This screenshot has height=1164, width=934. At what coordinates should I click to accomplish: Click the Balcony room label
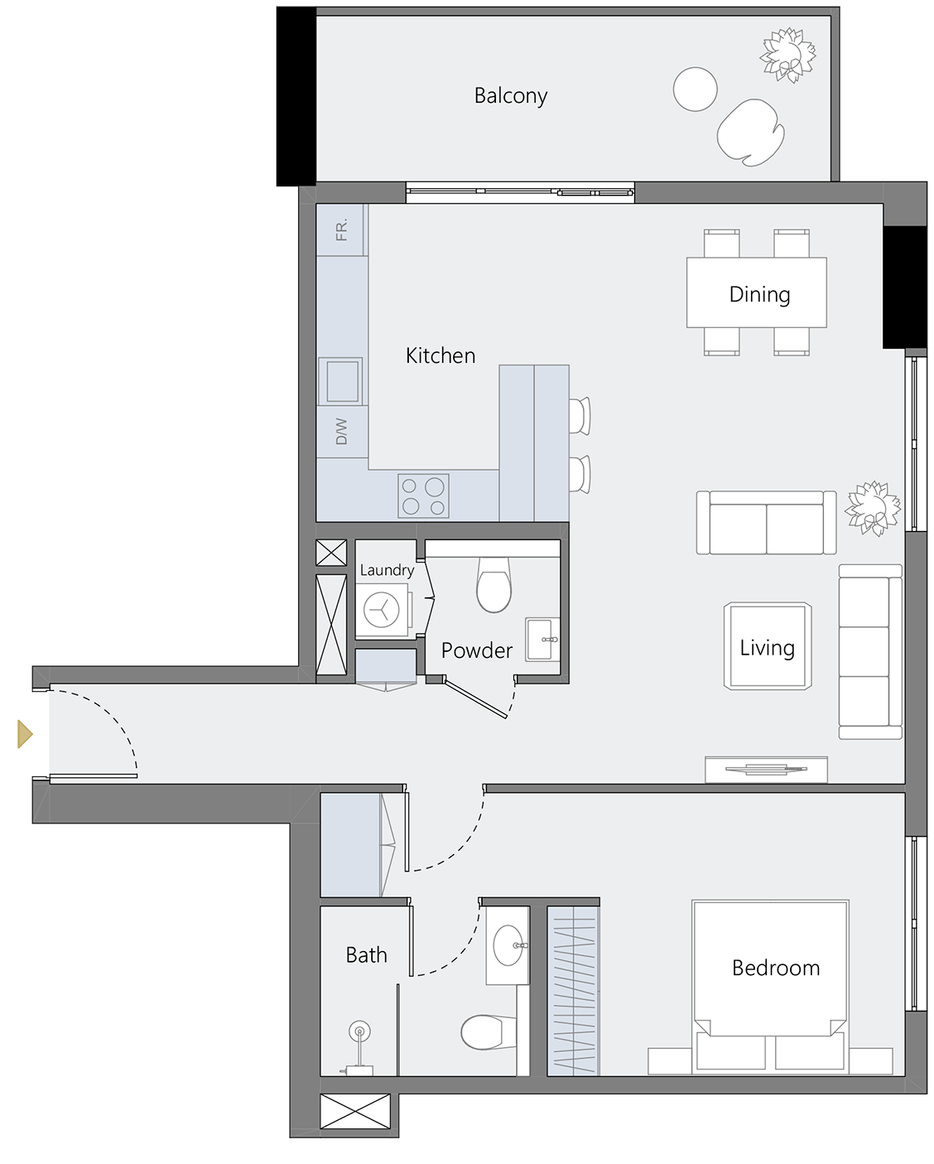click(510, 96)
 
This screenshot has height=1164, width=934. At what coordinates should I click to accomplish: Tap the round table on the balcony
click(695, 89)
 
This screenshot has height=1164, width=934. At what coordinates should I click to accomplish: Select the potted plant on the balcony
click(787, 55)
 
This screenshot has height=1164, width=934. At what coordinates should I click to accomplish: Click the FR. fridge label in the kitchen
click(341, 230)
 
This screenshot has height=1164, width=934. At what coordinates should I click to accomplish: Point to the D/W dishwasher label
click(341, 431)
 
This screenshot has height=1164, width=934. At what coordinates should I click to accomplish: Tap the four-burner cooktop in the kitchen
click(423, 495)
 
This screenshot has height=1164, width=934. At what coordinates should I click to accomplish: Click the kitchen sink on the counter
click(340, 380)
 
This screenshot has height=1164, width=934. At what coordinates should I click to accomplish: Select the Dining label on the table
click(758, 295)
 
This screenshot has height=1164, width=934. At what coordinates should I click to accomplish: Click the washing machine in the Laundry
click(382, 611)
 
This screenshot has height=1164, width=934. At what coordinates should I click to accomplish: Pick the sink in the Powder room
click(542, 639)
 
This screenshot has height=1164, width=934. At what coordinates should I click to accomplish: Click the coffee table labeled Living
click(767, 647)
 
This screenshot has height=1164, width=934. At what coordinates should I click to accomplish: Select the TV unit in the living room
click(766, 769)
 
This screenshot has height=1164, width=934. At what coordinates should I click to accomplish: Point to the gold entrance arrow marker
click(25, 734)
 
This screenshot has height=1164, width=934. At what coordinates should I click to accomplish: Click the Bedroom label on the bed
click(775, 968)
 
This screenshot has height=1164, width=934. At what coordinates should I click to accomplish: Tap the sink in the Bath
click(508, 944)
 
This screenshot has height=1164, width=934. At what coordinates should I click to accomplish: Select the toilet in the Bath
click(482, 1032)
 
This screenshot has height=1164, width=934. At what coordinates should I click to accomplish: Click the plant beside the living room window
click(872, 507)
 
